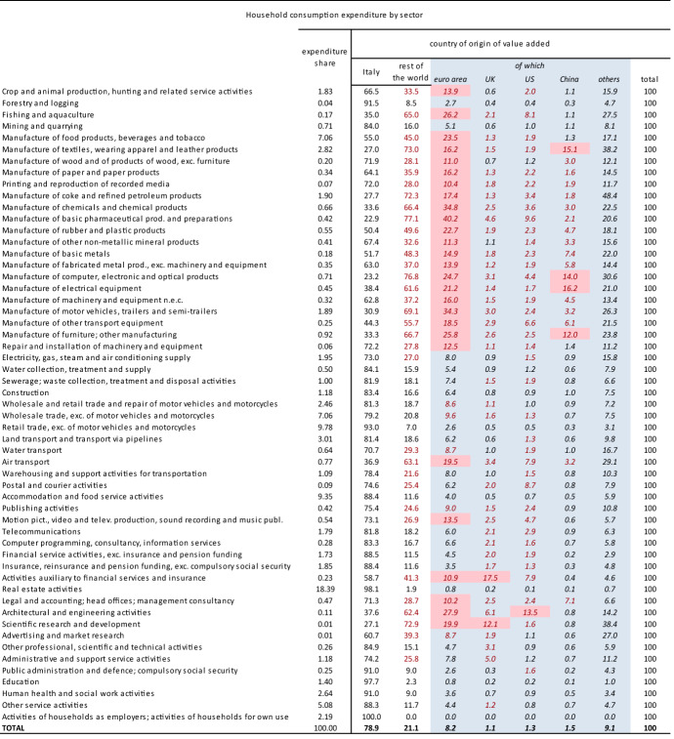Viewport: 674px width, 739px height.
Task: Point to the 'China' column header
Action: click(x=569, y=77)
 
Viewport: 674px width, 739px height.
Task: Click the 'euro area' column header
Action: click(x=451, y=77)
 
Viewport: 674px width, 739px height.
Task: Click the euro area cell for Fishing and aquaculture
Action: click(x=451, y=114)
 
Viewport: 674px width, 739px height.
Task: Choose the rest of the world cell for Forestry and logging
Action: click(x=410, y=103)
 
